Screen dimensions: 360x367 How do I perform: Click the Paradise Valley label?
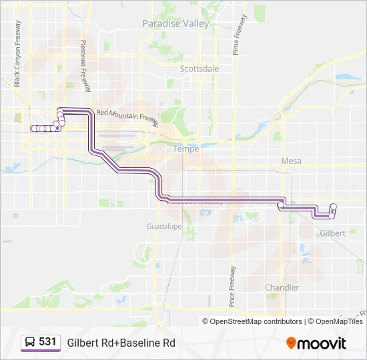tap(175, 23)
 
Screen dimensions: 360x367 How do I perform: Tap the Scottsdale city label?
tap(200, 68)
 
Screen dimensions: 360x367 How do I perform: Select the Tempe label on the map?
tap(186, 149)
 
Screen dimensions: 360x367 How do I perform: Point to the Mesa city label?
tap(292, 161)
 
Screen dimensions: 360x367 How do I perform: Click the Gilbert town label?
tap(332, 233)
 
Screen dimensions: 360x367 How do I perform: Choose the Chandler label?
tap(282, 287)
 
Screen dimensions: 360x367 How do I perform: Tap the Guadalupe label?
tap(164, 227)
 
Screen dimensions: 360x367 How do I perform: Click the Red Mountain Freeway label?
tap(127, 116)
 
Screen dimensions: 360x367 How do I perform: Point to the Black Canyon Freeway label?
tap(17, 53)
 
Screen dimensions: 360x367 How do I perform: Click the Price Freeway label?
tap(233, 287)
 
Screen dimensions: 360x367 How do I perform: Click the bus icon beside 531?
tap(30, 343)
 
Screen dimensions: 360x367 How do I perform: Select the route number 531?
tap(47, 342)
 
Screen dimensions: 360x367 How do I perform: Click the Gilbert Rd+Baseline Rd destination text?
tap(121, 343)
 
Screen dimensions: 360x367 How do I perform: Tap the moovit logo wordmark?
tap(322, 343)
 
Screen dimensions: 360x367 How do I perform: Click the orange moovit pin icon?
tap(291, 343)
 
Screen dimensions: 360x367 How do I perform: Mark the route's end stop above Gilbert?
tap(333, 207)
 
